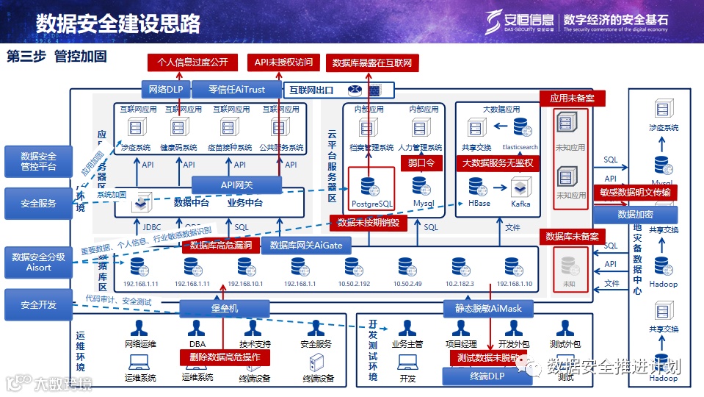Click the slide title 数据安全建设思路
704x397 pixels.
point(118,24)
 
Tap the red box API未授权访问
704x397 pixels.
point(283,62)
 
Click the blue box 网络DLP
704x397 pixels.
point(165,90)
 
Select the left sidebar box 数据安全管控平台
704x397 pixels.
point(38,162)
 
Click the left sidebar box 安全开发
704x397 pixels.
point(38,304)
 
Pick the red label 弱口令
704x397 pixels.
point(417,162)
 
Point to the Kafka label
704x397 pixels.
point(522,203)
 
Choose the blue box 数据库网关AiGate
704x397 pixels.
point(306,246)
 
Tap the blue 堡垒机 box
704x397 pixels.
point(224,309)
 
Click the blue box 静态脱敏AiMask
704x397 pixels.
point(483,309)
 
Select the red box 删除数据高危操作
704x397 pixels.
point(225,357)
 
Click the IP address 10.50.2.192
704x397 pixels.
point(355,283)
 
